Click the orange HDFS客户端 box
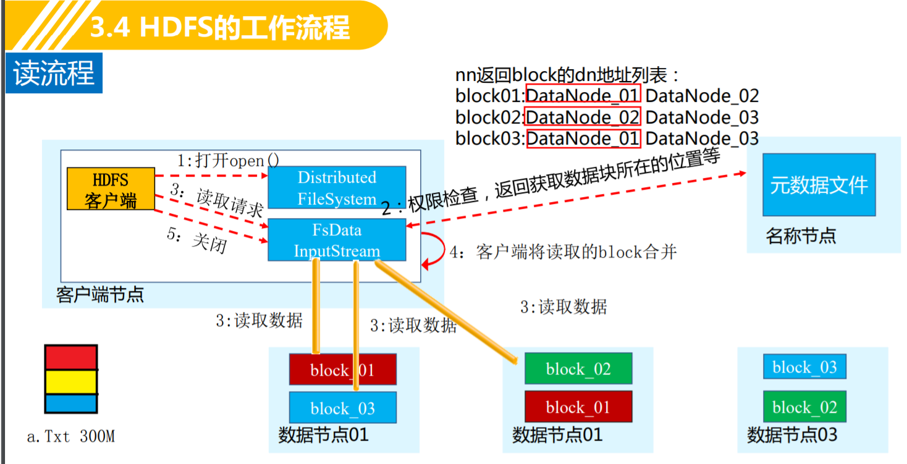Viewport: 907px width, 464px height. click(x=111, y=188)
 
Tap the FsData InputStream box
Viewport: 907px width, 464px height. click(x=337, y=240)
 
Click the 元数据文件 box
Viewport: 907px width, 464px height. click(x=819, y=185)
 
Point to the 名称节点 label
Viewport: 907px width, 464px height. click(x=801, y=235)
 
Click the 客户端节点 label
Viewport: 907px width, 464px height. click(x=99, y=294)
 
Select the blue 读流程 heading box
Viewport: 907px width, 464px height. click(x=54, y=74)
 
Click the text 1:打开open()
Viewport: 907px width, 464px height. click(x=228, y=161)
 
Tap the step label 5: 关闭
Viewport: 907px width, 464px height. click(x=197, y=240)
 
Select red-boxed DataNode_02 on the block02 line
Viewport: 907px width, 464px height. click(x=583, y=117)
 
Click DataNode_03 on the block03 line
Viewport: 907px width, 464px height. click(x=702, y=138)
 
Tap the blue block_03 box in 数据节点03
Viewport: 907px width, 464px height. click(x=804, y=367)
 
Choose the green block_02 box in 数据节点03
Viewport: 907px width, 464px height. click(x=804, y=407)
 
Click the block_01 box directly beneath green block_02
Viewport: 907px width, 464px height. click(x=578, y=407)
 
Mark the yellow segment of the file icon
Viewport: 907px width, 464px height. click(x=71, y=381)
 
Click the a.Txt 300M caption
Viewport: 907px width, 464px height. click(x=71, y=437)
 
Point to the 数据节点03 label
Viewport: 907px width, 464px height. click(x=792, y=434)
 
